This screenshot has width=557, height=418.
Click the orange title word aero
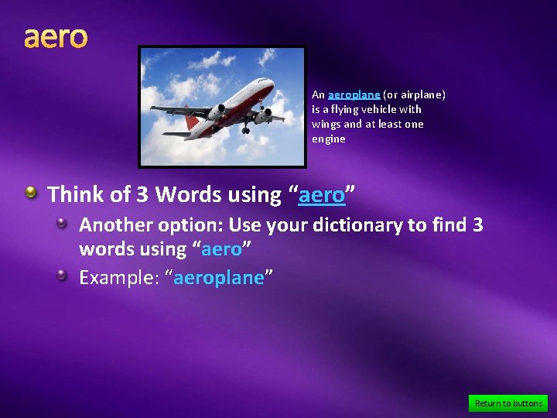[x=56, y=36]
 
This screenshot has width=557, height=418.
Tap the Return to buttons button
[x=508, y=403]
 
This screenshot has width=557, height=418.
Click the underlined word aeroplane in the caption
[x=354, y=94]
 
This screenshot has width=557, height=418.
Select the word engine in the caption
[x=329, y=139]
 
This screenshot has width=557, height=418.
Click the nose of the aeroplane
[x=272, y=81]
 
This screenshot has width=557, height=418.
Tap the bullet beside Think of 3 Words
[x=30, y=192]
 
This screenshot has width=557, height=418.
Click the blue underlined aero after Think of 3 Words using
[x=322, y=195]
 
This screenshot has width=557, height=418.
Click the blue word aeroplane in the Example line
[x=219, y=278]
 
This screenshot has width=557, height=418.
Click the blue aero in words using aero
[x=221, y=250]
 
